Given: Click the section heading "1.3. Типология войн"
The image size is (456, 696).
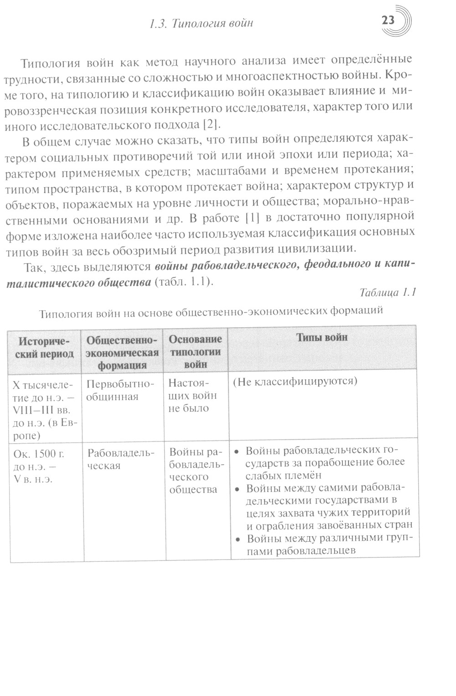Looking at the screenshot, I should coord(201,23).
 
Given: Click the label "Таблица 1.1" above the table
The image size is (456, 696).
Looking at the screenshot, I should coord(387,293).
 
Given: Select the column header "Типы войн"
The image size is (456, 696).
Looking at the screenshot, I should coord(322,337).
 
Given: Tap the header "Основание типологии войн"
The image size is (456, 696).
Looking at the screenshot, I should coord(195,351).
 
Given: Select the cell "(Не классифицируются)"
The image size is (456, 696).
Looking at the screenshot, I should coord(295,381).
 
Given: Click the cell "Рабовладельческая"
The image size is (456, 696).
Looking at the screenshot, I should coord(121,459).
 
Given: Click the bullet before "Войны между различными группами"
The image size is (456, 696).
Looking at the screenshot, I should coord(238,539).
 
